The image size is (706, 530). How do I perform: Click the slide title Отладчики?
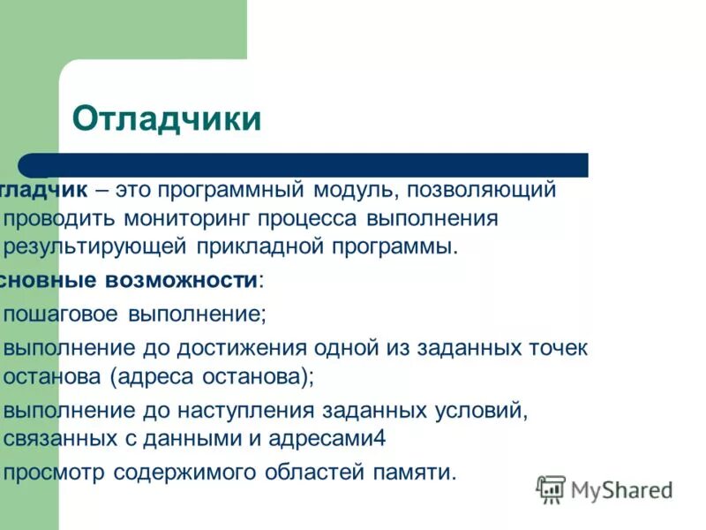166,118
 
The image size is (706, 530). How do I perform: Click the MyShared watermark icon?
551,488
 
